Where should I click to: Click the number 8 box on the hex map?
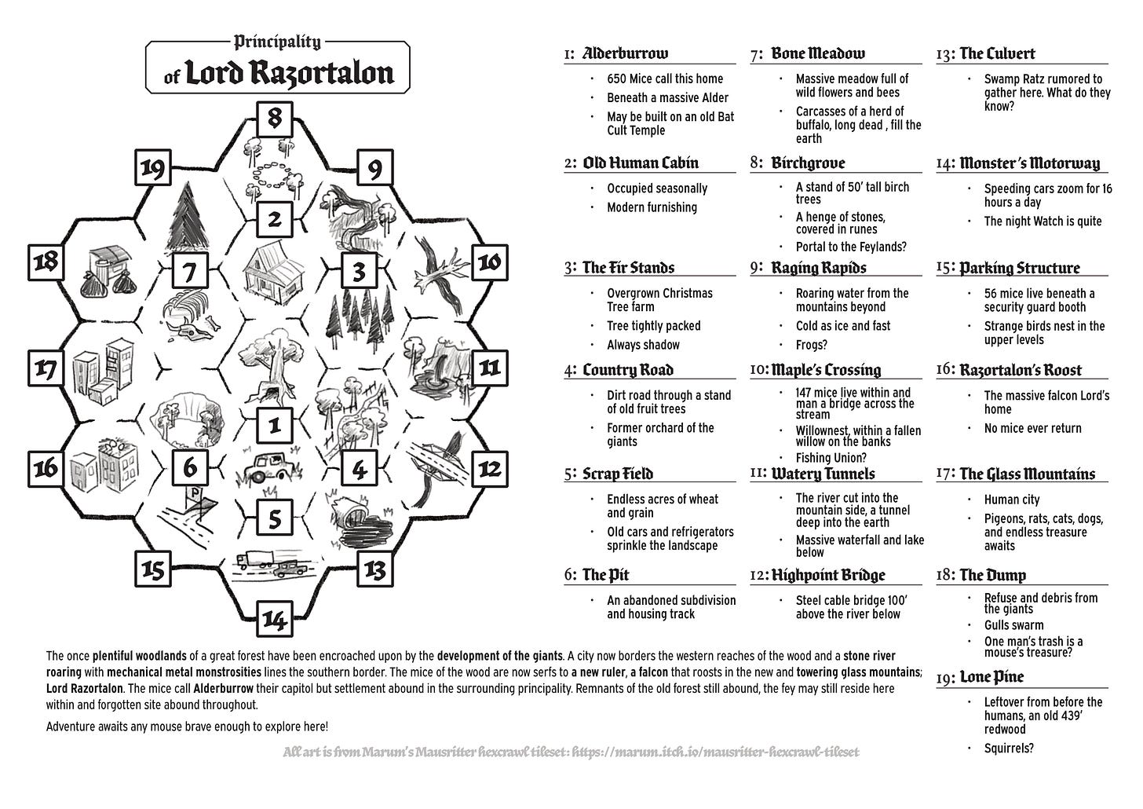274,119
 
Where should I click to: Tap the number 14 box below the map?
274,620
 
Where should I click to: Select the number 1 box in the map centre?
274,425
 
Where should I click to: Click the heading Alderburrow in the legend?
625,53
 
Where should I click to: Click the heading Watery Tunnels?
823,474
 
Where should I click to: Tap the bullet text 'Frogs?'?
812,345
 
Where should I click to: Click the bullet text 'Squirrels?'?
1009,749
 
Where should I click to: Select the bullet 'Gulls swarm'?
1013,625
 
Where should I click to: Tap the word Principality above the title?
277,42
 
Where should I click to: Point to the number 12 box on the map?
489,469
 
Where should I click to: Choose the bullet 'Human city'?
1012,500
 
